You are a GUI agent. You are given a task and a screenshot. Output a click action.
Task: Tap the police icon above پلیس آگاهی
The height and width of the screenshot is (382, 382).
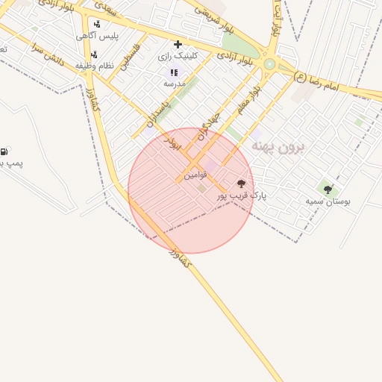click(97, 24)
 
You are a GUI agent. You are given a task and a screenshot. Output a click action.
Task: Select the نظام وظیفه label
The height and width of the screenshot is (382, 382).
click(99, 65)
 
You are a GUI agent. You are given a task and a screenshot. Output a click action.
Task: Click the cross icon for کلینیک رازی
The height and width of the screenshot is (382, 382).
click(178, 44)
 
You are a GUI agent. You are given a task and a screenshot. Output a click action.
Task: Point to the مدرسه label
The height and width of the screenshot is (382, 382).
click(174, 84)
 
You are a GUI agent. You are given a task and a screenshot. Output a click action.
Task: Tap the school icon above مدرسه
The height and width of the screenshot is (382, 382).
click(174, 72)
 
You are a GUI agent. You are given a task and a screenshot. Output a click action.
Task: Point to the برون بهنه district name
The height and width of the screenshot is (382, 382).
click(278, 146)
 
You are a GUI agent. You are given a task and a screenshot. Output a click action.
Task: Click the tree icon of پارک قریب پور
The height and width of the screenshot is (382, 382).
click(241, 183)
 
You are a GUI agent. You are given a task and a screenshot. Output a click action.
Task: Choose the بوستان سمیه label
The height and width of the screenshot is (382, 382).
click(328, 201)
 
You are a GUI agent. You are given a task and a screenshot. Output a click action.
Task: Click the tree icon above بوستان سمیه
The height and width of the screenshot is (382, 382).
click(328, 190)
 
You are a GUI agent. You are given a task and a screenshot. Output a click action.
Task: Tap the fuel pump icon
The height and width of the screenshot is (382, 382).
click(4, 151)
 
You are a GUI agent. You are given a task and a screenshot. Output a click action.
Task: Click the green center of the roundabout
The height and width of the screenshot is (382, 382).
click(269, 64)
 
